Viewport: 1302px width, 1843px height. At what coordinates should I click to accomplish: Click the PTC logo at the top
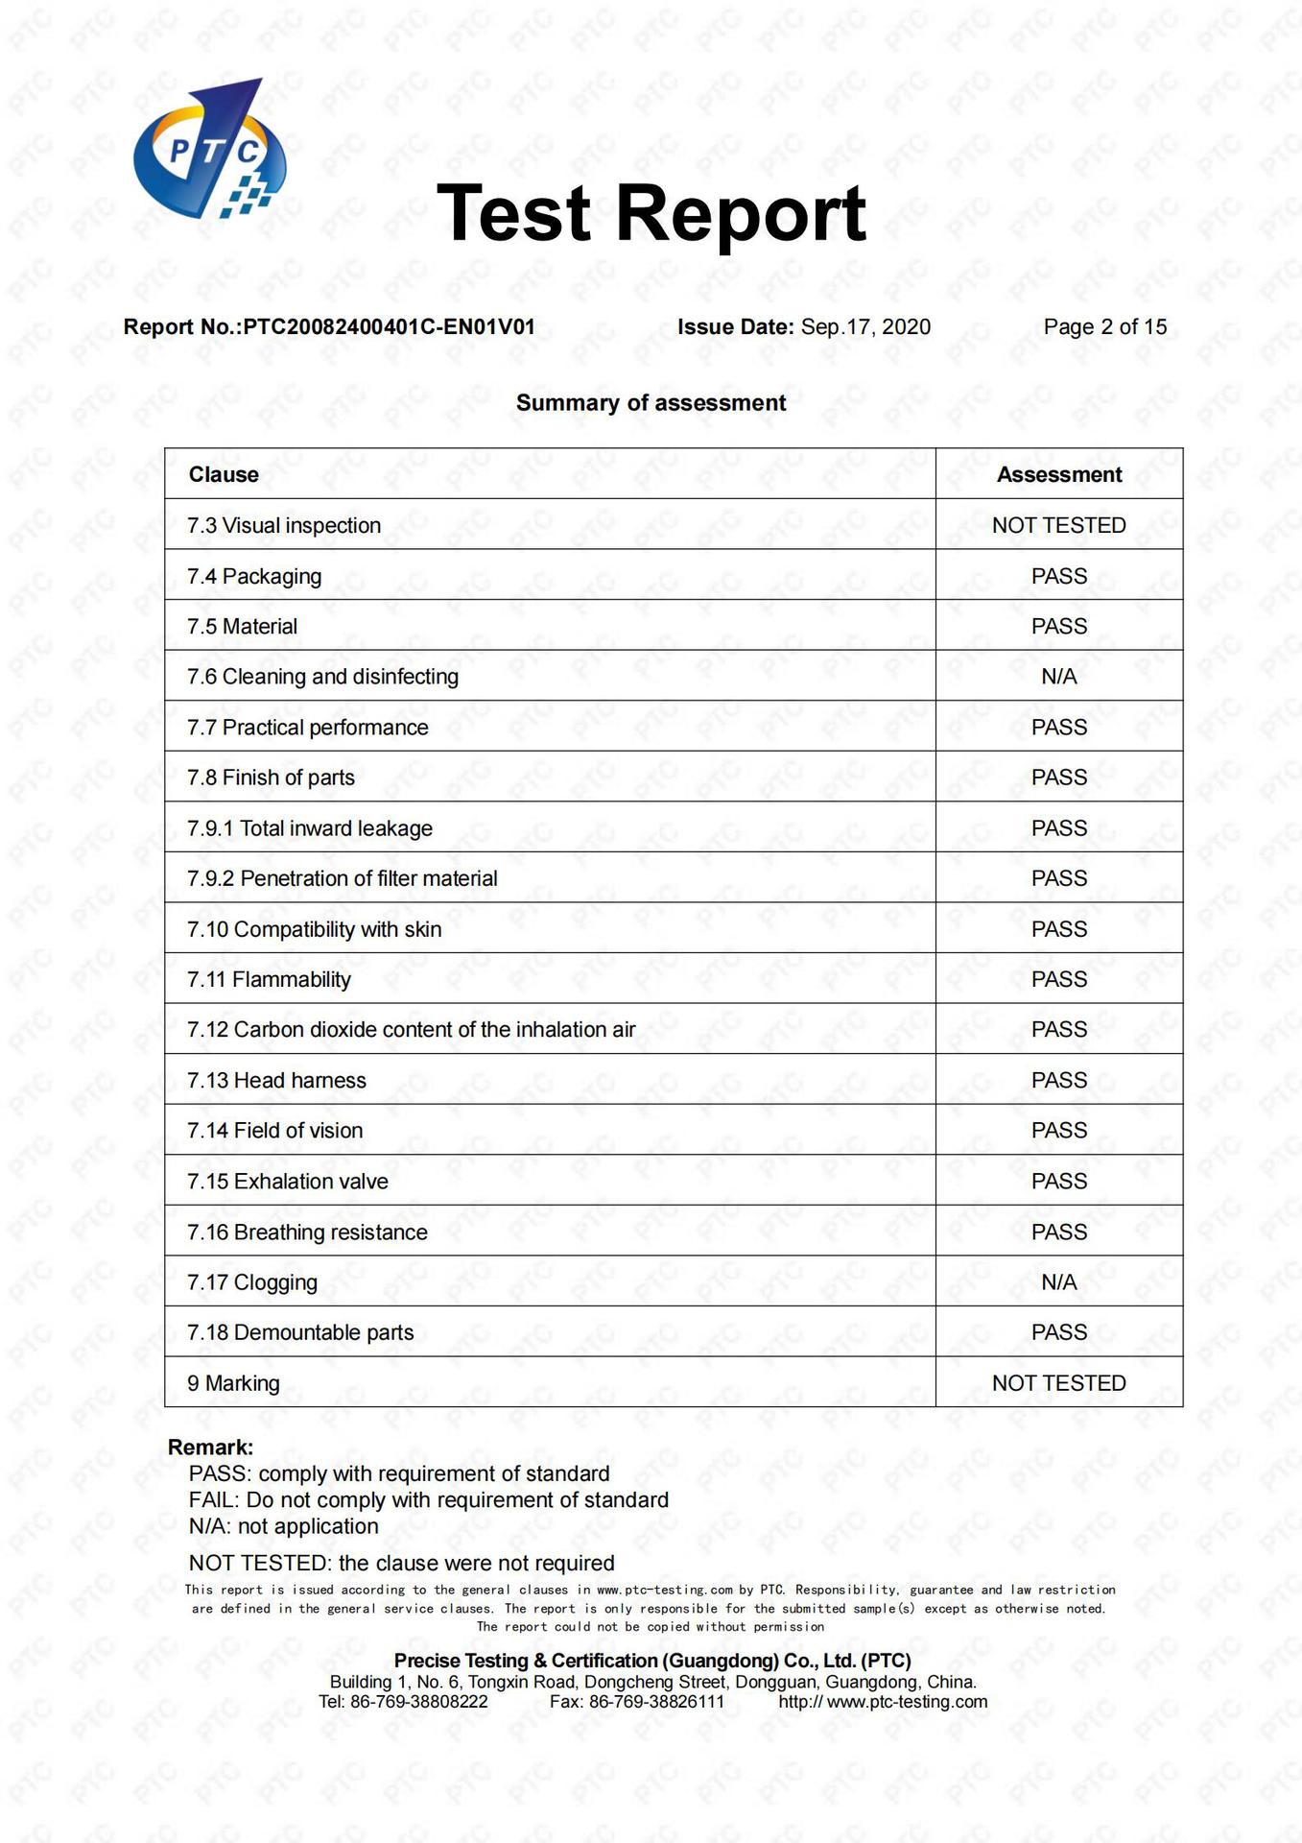coord(208,150)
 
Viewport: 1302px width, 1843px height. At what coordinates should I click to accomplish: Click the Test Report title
coord(651,213)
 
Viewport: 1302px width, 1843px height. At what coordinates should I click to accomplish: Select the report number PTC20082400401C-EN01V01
coord(389,327)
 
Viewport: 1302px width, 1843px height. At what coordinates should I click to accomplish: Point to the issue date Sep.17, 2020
coord(865,327)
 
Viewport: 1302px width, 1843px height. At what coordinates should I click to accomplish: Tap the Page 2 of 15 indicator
coord(1104,327)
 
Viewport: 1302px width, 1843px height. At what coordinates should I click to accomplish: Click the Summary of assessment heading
coord(651,403)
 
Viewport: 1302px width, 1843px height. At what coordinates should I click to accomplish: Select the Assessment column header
coord(1058,475)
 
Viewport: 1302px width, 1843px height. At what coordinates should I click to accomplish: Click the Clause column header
coord(224,475)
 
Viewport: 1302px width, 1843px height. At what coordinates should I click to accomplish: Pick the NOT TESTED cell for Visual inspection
coord(1058,526)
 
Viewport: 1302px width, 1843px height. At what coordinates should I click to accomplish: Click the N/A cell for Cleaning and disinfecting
coord(1058,677)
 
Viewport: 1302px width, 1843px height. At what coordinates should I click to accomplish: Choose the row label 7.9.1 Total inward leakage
coord(310,828)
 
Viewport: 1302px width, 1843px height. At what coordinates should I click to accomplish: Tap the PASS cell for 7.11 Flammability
coord(1058,980)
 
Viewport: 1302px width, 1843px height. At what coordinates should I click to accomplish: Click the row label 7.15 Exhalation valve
coord(288,1182)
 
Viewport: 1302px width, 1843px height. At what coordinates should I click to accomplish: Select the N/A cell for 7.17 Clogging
coord(1058,1282)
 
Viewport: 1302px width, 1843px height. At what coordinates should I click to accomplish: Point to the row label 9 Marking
coord(233,1383)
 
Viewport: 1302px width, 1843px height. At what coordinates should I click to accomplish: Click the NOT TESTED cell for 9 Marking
coord(1058,1383)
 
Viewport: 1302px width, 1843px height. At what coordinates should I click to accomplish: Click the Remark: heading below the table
coord(210,1448)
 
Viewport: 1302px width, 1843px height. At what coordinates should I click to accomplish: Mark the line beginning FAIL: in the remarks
coord(428,1500)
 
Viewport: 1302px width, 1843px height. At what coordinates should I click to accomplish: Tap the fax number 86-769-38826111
coord(656,1702)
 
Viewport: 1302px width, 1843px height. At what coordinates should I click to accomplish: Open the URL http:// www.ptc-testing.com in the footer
coord(883,1702)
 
